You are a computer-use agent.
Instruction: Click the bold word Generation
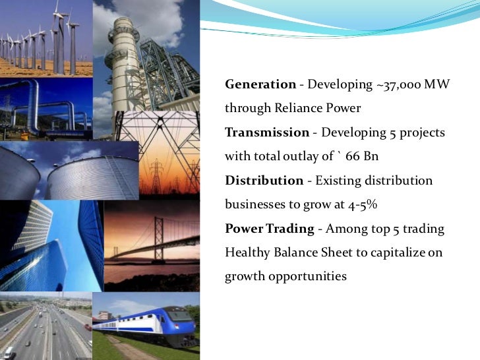click(260, 84)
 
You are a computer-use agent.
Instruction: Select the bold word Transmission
click(267, 133)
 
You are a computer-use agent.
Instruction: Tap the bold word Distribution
click(263, 180)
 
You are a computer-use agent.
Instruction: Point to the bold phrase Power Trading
click(269, 228)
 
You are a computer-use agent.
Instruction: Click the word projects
click(422, 133)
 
